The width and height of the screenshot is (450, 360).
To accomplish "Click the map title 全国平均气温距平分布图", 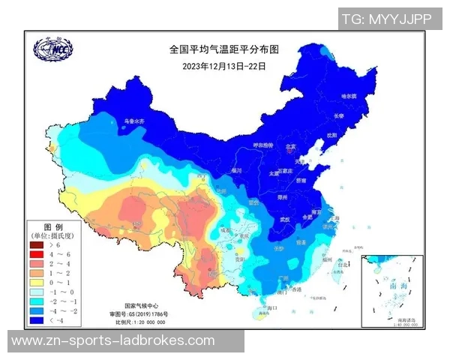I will click(x=223, y=50).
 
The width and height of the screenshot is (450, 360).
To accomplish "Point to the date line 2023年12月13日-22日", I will click(x=223, y=65).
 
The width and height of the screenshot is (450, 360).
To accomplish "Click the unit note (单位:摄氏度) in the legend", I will click(x=54, y=235).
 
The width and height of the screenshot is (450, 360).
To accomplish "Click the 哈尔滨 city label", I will click(x=351, y=97).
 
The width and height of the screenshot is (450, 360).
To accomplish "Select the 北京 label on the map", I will click(x=289, y=147).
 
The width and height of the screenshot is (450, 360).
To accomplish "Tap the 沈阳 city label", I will click(x=331, y=135).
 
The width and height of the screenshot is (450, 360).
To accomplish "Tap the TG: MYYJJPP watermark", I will click(x=386, y=19).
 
